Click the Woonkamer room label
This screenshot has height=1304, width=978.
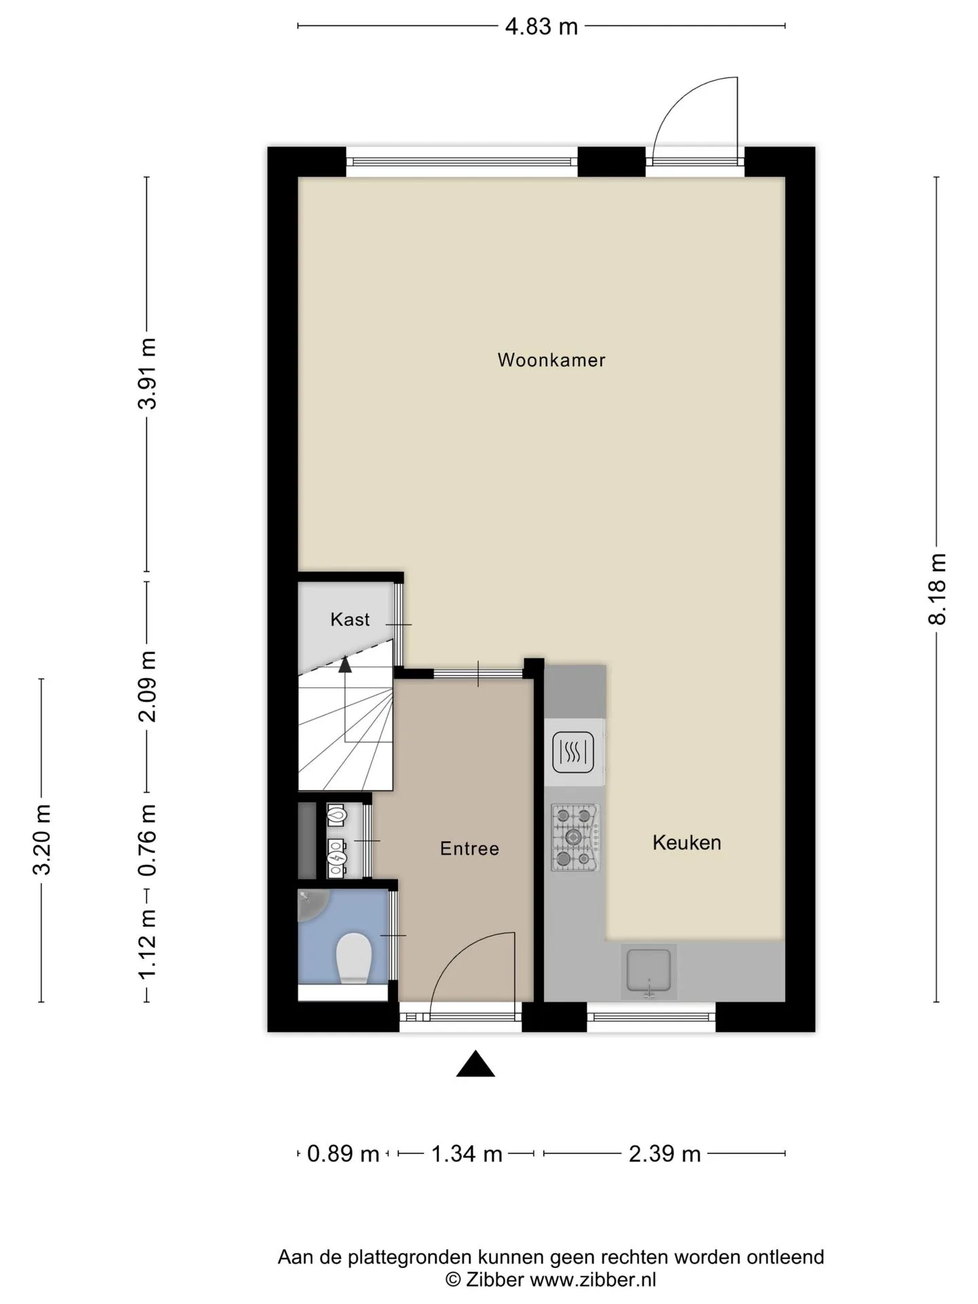[x=551, y=360]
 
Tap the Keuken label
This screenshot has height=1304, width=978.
[x=687, y=843]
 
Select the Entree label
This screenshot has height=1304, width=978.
[x=469, y=848]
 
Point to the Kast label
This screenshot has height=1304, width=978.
[x=350, y=619]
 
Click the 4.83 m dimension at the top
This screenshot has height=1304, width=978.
[x=541, y=26]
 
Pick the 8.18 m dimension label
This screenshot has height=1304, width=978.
[x=937, y=589]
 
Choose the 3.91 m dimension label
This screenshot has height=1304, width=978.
[x=147, y=373]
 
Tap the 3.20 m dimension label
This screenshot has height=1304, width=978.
[x=42, y=839]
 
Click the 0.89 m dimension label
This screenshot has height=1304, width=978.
[x=343, y=1154]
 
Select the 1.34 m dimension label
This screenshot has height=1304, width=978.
[x=467, y=1154]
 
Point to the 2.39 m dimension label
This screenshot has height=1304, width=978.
[x=664, y=1154]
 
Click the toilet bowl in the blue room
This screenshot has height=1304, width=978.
[x=354, y=958]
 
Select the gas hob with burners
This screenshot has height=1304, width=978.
[x=575, y=838]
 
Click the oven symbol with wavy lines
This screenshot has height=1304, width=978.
[x=573, y=753]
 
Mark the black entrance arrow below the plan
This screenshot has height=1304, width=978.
[x=475, y=1064]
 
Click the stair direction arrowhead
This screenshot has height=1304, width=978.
[x=345, y=664]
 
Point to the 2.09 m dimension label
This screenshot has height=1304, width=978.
[x=147, y=686]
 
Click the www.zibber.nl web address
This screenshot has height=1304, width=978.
[x=593, y=1280]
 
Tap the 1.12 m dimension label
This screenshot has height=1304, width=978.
[x=147, y=944]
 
